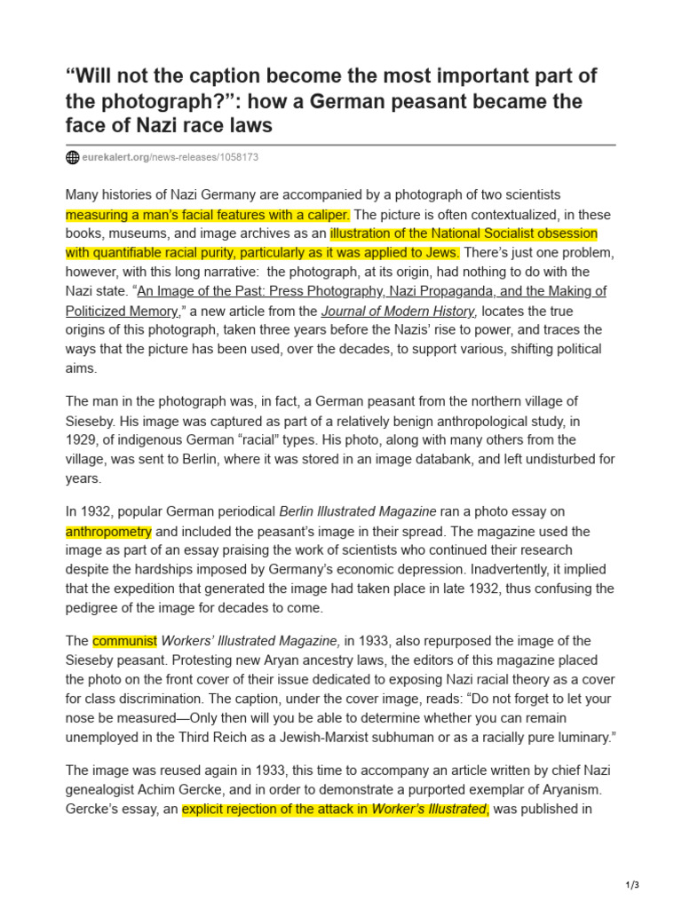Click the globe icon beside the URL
[73, 158]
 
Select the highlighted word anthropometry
[108, 532]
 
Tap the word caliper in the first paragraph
[327, 215]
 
